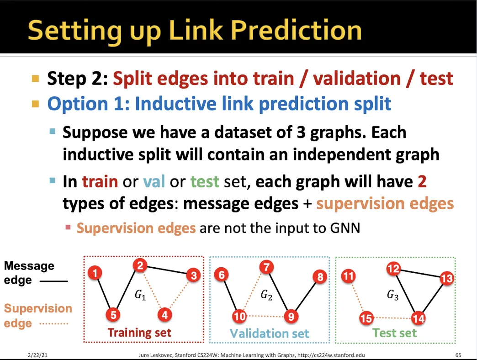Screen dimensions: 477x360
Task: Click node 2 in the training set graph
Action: pos(140,266)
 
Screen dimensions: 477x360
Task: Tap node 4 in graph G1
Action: pos(164,314)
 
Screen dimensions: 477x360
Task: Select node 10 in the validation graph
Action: pos(239,316)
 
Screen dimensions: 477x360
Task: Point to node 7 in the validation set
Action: pos(266,267)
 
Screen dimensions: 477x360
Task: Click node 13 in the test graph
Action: pos(446,278)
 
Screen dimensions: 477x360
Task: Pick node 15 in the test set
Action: pos(366,318)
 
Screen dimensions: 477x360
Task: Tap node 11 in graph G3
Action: pos(348,276)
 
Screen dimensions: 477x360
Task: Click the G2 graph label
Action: pos(266,295)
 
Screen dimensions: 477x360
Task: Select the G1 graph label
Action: pos(140,295)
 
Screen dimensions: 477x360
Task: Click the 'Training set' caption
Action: pos(139,333)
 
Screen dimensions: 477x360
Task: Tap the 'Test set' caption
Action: pos(395,333)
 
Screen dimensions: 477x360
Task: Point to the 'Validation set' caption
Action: pos(269,333)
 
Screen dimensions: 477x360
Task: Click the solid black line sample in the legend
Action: pos(53,281)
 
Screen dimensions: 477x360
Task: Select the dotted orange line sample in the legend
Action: pos(53,323)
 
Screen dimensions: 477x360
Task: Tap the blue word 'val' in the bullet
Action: pos(154,181)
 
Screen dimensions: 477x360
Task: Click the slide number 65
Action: pos(458,355)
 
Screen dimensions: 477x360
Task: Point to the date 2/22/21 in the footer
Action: pos(37,355)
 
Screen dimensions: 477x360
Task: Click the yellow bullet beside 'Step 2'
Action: pos(36,79)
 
